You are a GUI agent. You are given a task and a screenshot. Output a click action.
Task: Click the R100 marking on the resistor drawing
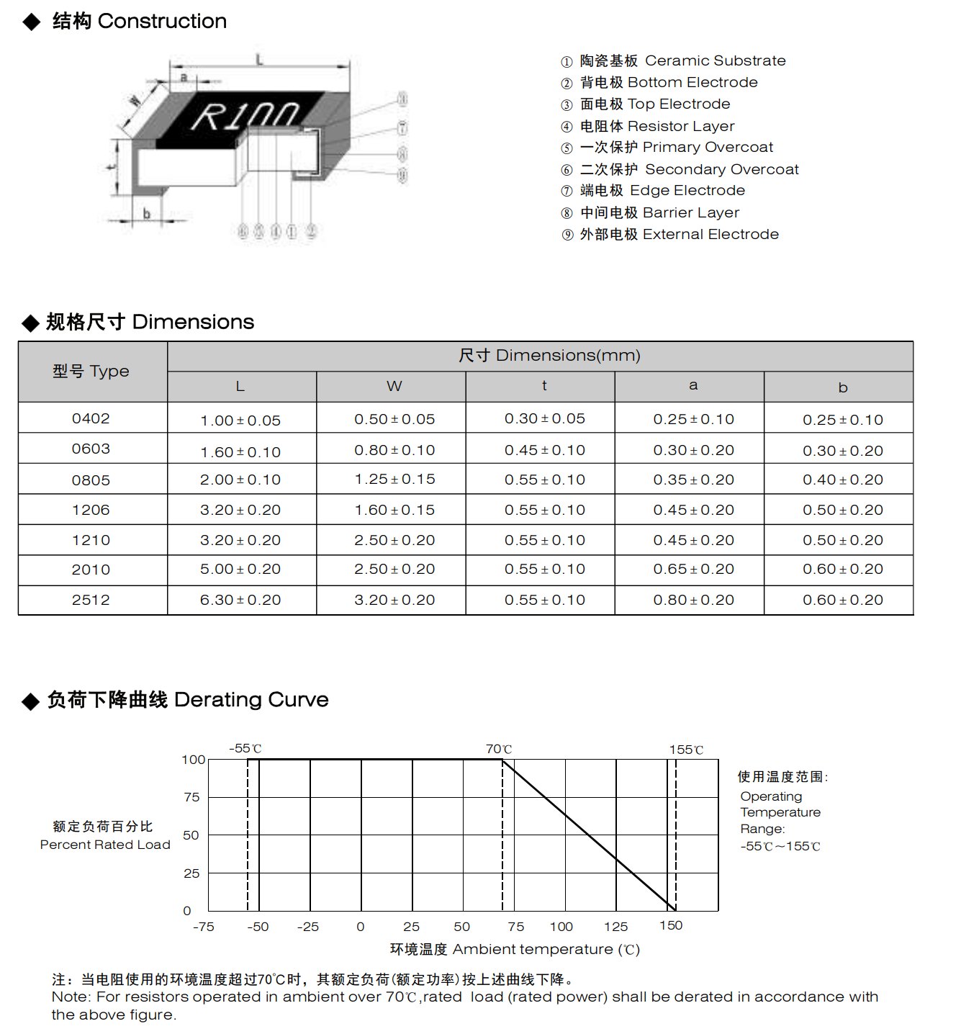[245, 116]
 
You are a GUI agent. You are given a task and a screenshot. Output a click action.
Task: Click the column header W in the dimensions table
[394, 387]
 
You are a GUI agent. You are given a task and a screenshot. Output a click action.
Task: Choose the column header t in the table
[544, 386]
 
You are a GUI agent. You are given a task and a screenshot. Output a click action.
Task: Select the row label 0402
[91, 418]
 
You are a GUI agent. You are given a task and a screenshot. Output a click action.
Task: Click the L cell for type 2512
[240, 600]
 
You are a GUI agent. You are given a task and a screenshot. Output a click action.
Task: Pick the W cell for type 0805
[394, 480]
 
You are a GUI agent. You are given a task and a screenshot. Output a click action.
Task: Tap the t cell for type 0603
[544, 450]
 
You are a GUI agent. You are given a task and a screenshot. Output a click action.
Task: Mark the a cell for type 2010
[693, 569]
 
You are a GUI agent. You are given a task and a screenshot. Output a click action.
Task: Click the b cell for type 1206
[842, 510]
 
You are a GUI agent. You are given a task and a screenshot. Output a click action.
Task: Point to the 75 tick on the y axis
[191, 797]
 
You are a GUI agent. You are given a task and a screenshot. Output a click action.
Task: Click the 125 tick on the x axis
[615, 927]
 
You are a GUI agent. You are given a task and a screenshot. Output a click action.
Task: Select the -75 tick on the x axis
[204, 927]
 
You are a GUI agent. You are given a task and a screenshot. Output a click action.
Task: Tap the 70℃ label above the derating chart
[498, 750]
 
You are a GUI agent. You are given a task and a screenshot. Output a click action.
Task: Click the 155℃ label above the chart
[686, 750]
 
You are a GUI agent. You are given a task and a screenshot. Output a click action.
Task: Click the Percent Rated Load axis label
[105, 845]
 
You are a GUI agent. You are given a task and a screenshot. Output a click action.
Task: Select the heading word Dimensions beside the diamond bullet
[193, 322]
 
